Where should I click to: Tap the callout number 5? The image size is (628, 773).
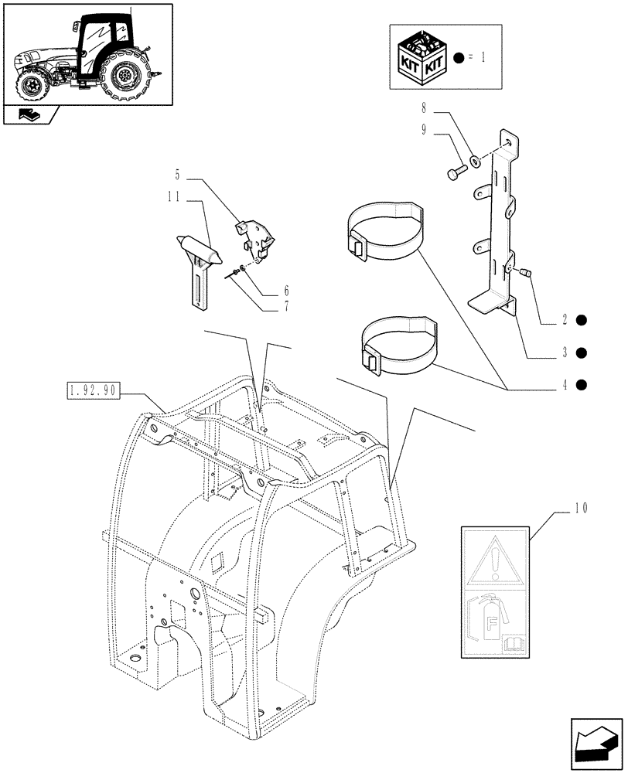pos(177,175)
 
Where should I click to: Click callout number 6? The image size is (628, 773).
pos(286,291)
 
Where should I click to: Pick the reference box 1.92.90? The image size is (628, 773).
pos(91,390)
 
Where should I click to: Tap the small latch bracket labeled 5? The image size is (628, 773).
pos(255,236)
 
